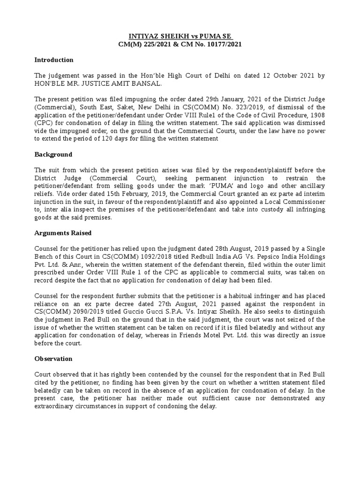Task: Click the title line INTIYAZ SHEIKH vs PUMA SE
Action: (180, 37)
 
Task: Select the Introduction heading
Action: (54, 60)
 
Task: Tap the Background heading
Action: (53, 154)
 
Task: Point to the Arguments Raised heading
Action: (63, 233)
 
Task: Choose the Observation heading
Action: (54, 359)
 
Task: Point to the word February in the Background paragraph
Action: (135, 194)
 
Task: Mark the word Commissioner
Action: (304, 202)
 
